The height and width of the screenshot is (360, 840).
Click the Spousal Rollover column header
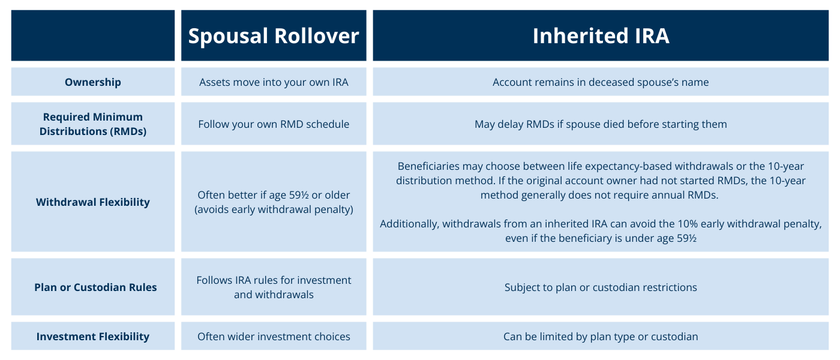[x=274, y=36]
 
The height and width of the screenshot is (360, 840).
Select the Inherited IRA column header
[x=601, y=36]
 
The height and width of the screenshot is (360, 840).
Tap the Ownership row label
[x=93, y=82]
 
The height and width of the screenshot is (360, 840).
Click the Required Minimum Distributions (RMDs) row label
[x=93, y=124]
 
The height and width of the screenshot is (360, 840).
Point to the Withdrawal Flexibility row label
[x=93, y=202]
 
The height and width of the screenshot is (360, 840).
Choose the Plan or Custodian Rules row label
[x=95, y=287]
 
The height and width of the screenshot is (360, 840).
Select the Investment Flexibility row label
[x=93, y=337]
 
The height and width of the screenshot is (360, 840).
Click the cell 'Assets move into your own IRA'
[x=274, y=82]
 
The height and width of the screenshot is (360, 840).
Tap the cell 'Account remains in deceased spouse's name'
[x=601, y=82]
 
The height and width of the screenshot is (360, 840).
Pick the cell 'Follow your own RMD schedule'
[x=274, y=124]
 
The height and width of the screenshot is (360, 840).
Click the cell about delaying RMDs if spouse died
[x=601, y=124]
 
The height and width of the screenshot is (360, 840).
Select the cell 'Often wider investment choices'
[x=274, y=337]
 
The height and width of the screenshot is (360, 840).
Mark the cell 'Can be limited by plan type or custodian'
[x=601, y=337]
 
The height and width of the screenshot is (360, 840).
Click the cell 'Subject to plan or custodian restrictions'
[x=601, y=287]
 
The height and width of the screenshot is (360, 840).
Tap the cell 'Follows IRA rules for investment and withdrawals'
[x=274, y=287]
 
